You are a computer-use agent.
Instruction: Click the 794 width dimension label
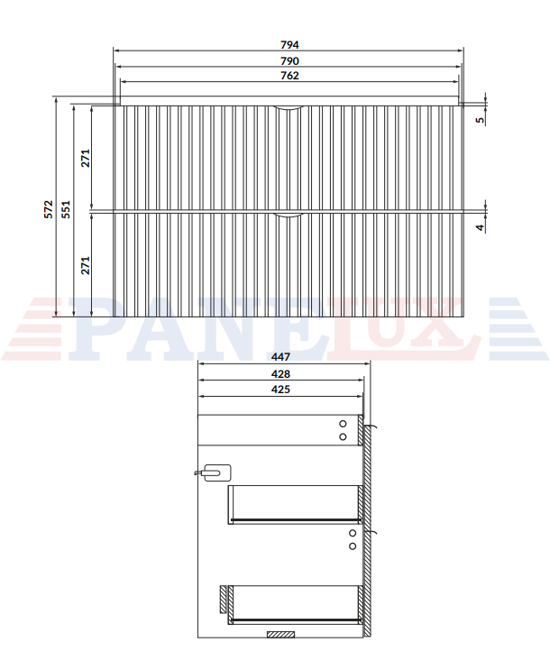point(289,45)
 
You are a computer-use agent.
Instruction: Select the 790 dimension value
point(289,61)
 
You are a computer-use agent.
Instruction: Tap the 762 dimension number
point(289,76)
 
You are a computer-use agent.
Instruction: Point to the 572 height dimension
point(49,209)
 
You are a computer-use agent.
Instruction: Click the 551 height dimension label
point(66,209)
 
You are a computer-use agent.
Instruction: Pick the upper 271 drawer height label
point(86,158)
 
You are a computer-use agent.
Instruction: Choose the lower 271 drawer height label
point(86,265)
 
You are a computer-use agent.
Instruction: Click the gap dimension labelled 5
point(480,120)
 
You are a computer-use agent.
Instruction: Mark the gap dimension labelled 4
point(480,227)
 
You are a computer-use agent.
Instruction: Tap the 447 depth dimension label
point(280,356)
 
